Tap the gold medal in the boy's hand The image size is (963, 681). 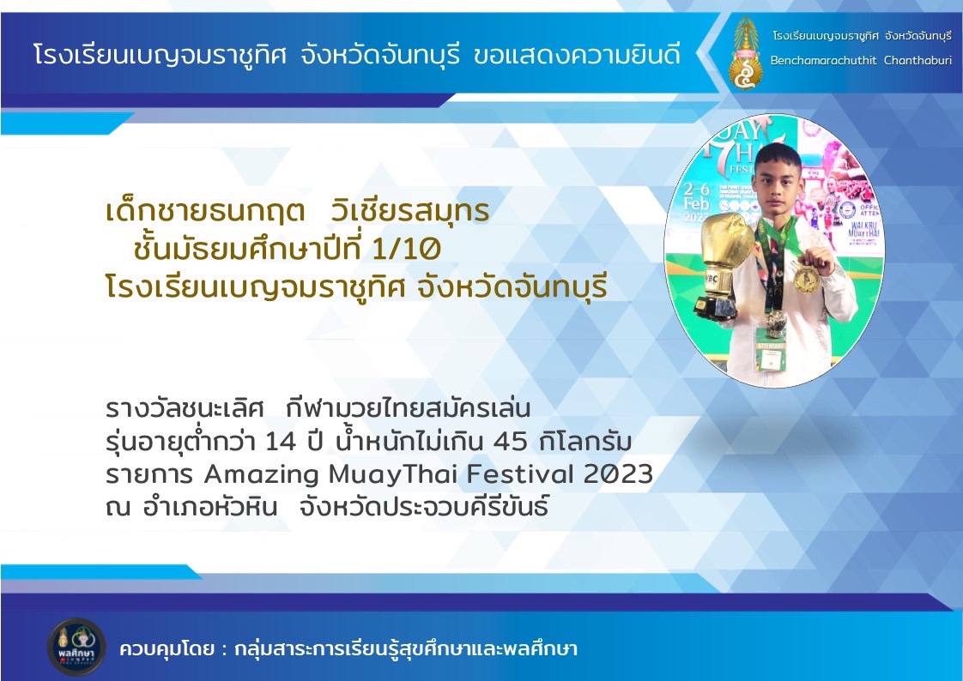pyautogui.click(x=806, y=278)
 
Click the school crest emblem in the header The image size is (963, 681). pyautogui.click(x=745, y=53)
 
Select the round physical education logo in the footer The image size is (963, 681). pyautogui.click(x=76, y=647)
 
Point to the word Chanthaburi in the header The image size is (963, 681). pyautogui.click(x=918, y=60)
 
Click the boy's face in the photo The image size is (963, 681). pyautogui.click(x=778, y=178)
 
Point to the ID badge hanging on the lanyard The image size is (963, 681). pyautogui.click(x=771, y=350)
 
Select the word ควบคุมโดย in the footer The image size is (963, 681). pyautogui.click(x=167, y=648)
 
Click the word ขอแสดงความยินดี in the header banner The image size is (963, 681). pyautogui.click(x=578, y=56)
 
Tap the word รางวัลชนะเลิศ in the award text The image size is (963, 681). pyautogui.click(x=185, y=408)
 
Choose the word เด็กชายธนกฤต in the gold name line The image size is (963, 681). pyautogui.click(x=205, y=210)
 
